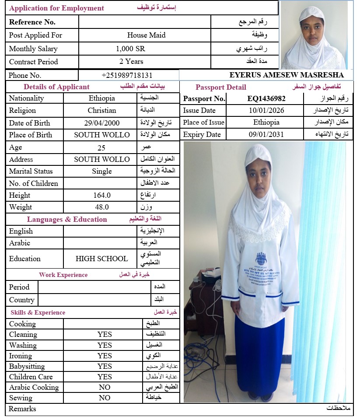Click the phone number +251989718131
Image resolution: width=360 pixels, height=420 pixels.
coord(127,75)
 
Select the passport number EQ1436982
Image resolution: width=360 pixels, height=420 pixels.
coord(266,98)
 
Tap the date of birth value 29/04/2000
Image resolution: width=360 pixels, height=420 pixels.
coord(101,123)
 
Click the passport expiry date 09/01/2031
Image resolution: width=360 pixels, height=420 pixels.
coord(266,134)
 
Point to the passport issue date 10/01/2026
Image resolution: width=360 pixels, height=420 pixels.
coord(266,111)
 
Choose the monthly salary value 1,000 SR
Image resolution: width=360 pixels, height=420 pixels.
coord(130,49)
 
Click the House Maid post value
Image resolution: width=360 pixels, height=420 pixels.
coord(146,35)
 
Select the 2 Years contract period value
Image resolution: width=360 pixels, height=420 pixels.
coord(131,61)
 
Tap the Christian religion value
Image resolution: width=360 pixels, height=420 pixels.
coord(101,111)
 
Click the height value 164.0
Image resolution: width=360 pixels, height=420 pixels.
coord(101,195)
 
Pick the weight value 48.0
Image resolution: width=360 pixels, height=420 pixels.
coord(101,207)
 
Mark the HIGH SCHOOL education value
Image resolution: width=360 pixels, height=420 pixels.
coord(101,259)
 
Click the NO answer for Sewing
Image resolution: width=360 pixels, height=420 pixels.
coord(105,398)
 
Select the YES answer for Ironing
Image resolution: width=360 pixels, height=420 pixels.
coord(105,356)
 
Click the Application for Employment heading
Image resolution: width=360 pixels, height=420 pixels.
coord(57,8)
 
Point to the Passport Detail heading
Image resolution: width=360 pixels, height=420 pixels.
coord(218,87)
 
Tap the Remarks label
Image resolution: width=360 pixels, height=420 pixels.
coord(22,409)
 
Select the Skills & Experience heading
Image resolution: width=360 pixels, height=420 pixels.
coord(38,312)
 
